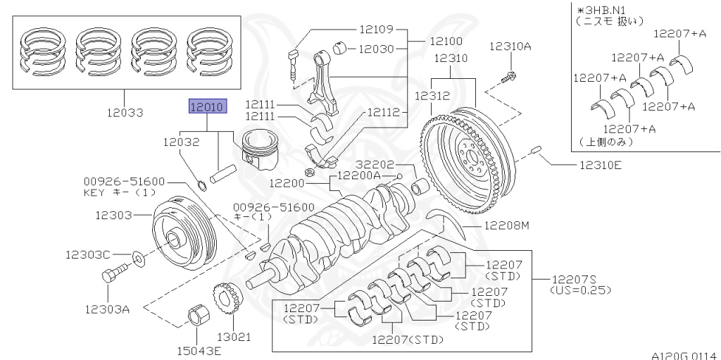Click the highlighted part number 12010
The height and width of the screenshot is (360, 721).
(206, 107)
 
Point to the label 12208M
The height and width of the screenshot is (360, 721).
(505, 225)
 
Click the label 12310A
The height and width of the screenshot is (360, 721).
(511, 46)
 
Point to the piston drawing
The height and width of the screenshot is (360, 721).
(262, 150)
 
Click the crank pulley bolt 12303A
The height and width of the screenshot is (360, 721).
(117, 272)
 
